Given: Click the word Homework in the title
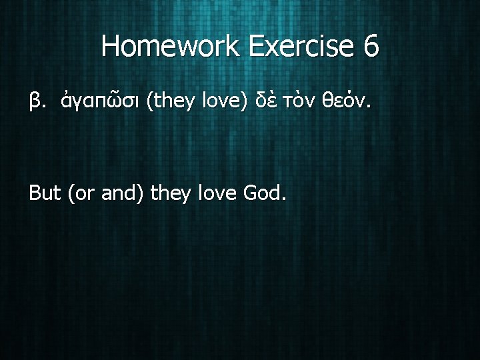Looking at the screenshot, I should point(175,46).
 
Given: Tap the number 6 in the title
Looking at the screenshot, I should point(371,46).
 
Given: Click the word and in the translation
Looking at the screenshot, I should point(121,194).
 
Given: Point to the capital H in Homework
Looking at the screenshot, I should point(111,46).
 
